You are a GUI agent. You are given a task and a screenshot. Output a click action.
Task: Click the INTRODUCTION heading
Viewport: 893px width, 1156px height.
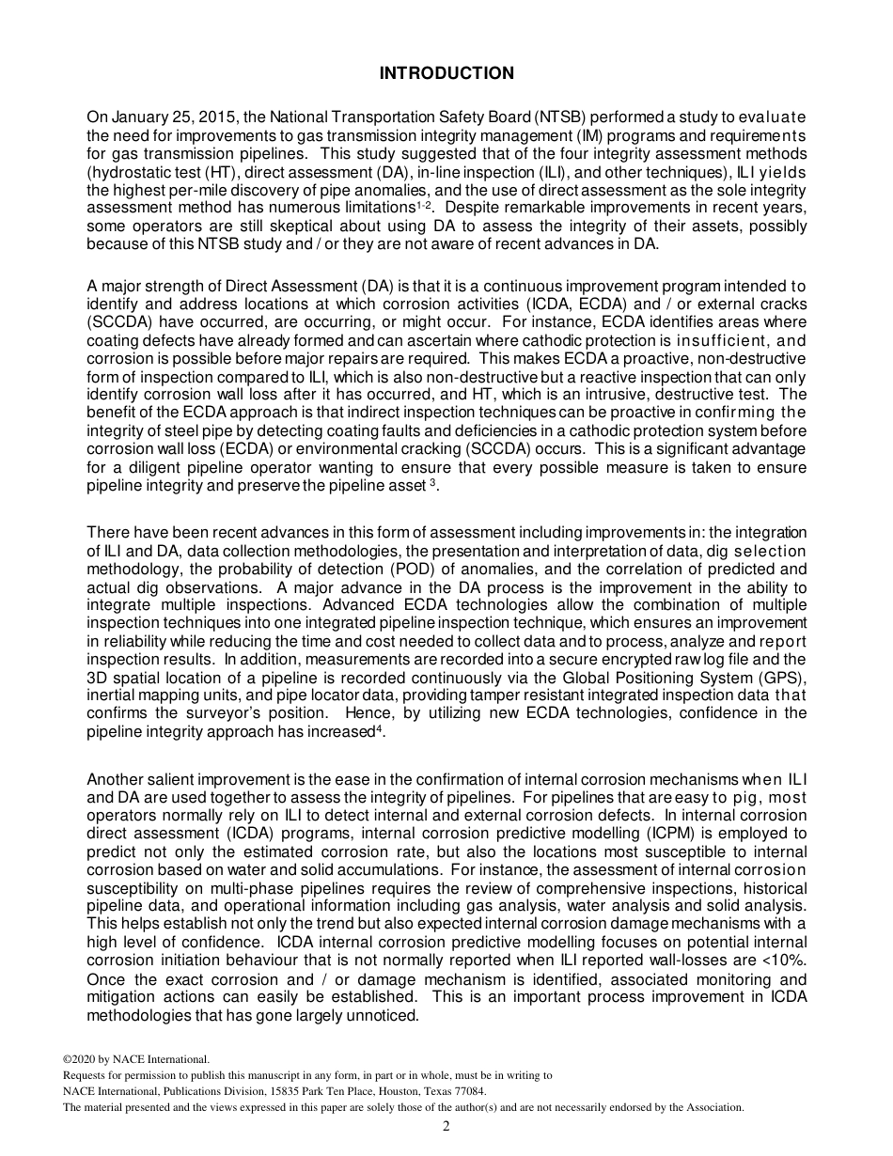point(446,73)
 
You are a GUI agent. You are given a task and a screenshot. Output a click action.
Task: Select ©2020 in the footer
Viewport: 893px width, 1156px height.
point(81,1059)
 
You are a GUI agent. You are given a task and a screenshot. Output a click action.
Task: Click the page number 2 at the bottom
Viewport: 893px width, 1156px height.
point(446,1127)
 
